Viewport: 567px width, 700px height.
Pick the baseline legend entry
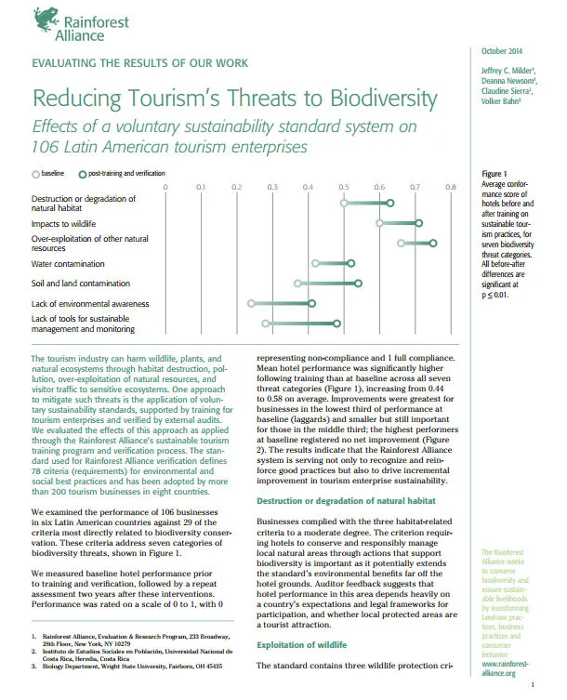(51, 174)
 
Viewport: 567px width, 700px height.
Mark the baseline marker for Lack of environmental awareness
(251, 303)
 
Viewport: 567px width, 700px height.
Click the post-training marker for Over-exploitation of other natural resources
(433, 243)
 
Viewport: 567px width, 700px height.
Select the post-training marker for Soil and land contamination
(358, 283)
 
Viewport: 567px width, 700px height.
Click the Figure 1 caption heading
(494, 174)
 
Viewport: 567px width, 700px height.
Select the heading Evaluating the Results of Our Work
(128, 64)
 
